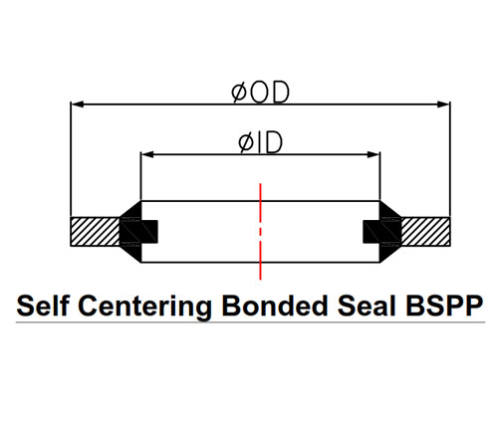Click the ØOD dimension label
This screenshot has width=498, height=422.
260,92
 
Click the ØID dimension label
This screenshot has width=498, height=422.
260,142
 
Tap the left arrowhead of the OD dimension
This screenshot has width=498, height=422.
77,105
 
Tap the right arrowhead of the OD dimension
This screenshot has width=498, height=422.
444,105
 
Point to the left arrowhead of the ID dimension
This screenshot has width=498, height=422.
147,154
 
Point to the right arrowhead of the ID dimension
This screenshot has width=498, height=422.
373,154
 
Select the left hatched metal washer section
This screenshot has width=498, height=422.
95,231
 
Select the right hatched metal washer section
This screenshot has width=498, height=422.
426,231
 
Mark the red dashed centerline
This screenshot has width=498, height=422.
260,231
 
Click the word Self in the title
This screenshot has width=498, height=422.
43,306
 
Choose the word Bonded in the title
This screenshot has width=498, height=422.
275,306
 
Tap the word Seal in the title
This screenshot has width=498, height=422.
367,306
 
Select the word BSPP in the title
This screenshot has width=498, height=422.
444,306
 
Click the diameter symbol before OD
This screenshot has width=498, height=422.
239,93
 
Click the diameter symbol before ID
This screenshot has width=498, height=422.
246,143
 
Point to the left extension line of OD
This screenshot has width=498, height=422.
71,159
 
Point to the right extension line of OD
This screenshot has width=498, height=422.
450,159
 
